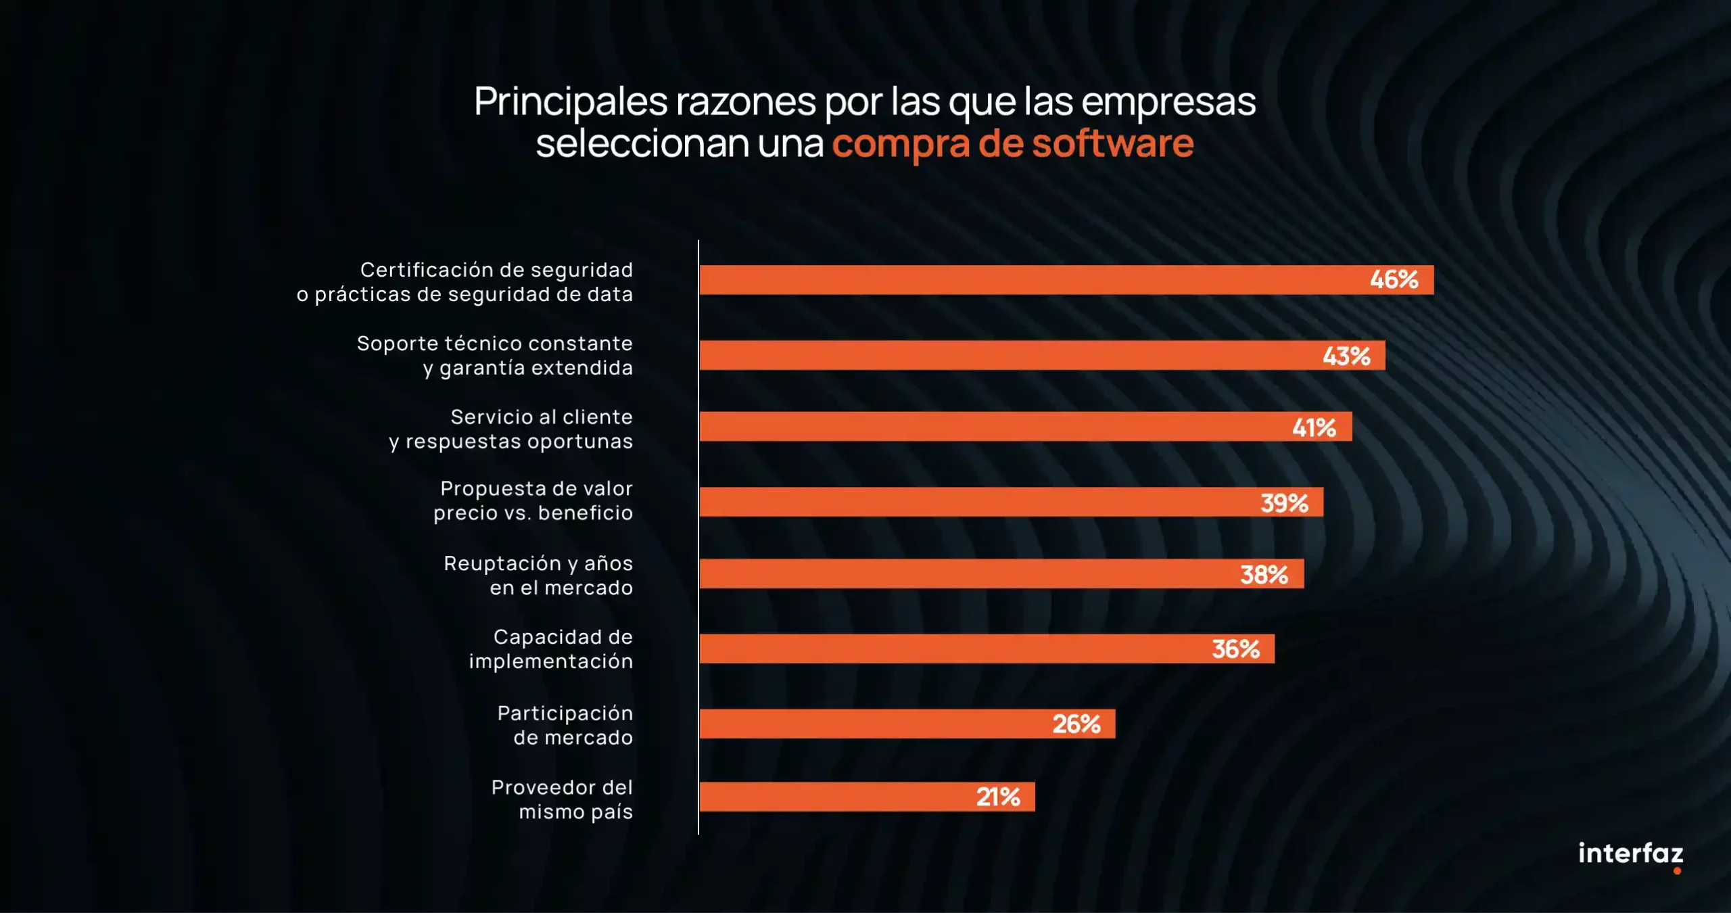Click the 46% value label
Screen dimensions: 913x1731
(x=1394, y=279)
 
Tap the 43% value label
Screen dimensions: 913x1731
(x=1346, y=356)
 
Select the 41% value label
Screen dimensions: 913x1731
(x=1314, y=427)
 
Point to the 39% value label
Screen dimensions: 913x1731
(x=1284, y=502)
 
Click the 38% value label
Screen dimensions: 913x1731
(x=1264, y=575)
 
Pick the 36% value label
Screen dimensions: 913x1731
(x=1235, y=649)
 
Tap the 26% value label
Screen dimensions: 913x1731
(x=1076, y=724)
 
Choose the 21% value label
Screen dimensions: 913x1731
(x=998, y=797)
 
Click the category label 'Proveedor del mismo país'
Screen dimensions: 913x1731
(x=562, y=799)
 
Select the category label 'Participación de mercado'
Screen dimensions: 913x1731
(x=565, y=725)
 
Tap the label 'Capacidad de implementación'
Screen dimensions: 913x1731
(x=551, y=649)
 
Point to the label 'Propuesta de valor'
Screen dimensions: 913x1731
(x=536, y=488)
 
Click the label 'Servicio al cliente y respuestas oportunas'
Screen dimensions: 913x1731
(x=511, y=429)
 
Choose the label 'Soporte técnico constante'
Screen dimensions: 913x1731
(x=494, y=344)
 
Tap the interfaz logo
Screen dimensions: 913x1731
(x=1630, y=853)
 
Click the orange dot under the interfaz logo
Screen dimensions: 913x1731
(x=1677, y=871)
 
